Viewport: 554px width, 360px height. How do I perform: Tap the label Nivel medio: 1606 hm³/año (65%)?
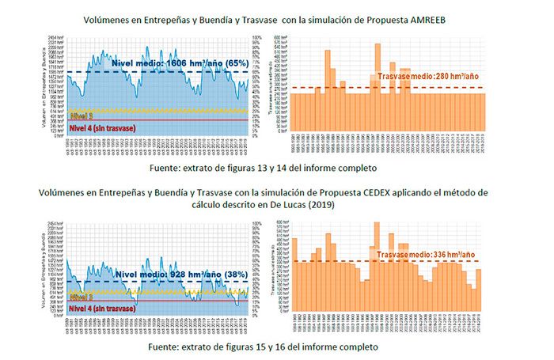click(x=180, y=63)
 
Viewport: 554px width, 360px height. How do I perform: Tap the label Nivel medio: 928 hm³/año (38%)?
click(x=173, y=275)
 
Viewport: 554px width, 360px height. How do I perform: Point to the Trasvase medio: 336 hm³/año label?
click(x=424, y=256)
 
